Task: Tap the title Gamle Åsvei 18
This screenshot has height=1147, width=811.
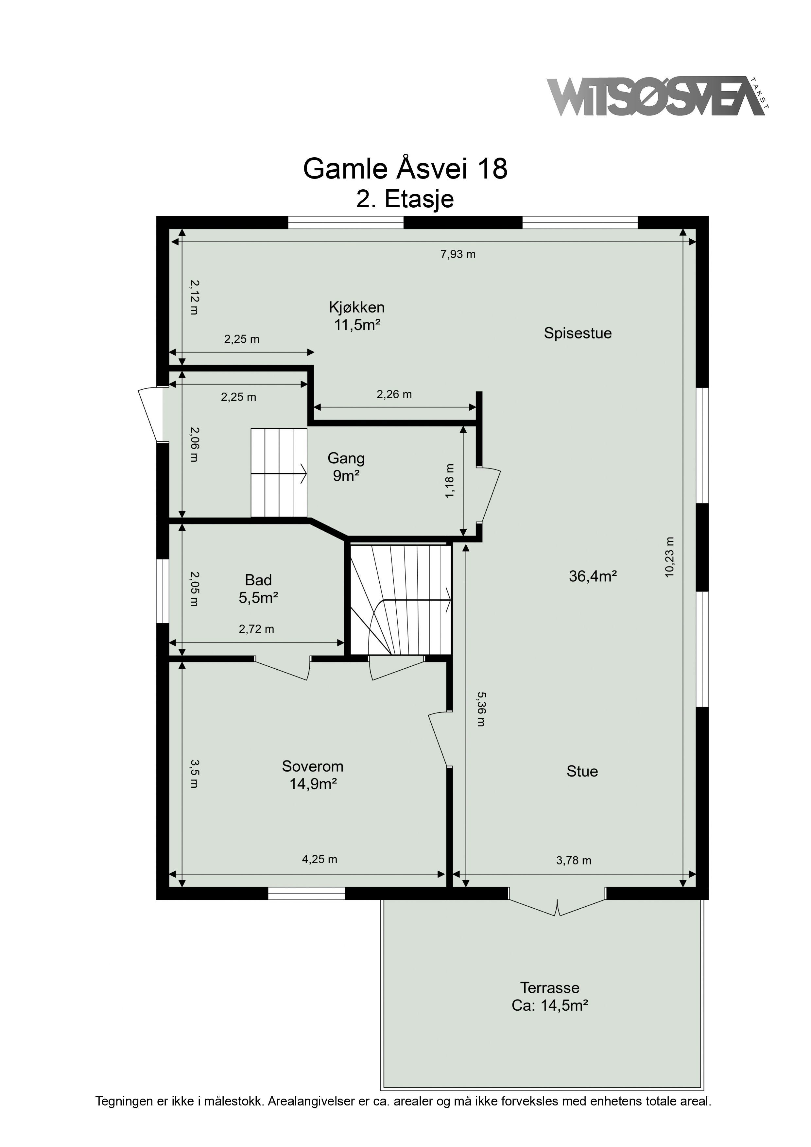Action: click(405, 169)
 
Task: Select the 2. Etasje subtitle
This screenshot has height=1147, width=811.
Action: click(405, 199)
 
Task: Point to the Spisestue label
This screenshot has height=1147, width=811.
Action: click(578, 333)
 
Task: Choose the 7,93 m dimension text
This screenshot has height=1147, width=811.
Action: click(458, 254)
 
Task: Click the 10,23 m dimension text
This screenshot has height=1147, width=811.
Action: click(670, 557)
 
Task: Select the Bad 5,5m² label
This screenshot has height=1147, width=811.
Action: click(258, 589)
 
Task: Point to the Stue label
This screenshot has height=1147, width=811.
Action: click(582, 771)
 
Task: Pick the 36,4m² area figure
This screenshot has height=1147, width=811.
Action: click(593, 576)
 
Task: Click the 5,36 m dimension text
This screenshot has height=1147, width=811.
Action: click(481, 709)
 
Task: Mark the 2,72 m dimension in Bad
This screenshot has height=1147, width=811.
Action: click(256, 629)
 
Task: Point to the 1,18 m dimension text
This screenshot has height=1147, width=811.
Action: click(450, 481)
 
